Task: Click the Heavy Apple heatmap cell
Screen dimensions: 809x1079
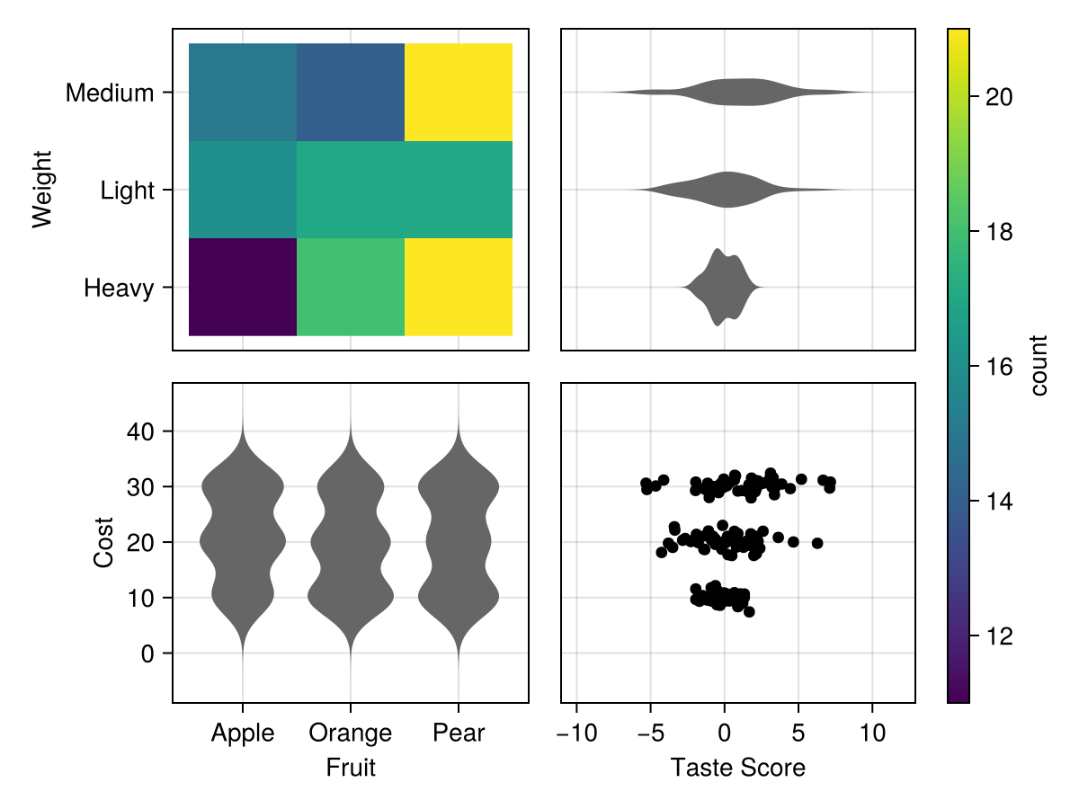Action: [x=243, y=288]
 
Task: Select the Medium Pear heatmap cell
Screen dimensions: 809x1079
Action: [x=459, y=93]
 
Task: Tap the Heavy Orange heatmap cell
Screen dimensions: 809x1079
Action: [x=351, y=288]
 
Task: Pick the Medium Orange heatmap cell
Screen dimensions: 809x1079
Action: [x=351, y=93]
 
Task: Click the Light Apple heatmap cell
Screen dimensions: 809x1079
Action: [x=243, y=190]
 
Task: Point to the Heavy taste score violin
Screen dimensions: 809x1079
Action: [x=722, y=288]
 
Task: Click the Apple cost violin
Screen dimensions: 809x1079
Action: [x=243, y=539]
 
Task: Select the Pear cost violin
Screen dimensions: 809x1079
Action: [x=459, y=539]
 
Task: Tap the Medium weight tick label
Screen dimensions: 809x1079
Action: [x=110, y=93]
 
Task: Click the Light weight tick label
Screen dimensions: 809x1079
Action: [x=127, y=191]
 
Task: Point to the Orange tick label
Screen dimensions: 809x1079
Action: [x=351, y=733]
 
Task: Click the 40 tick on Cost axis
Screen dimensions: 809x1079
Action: [x=141, y=431]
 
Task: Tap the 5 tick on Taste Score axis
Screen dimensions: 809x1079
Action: [x=798, y=733]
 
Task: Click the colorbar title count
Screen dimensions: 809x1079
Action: [x=1039, y=366]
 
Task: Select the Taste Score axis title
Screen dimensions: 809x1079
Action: [x=737, y=768]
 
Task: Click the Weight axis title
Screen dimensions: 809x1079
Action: [x=42, y=190]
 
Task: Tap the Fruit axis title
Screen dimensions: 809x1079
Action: [x=351, y=768]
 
